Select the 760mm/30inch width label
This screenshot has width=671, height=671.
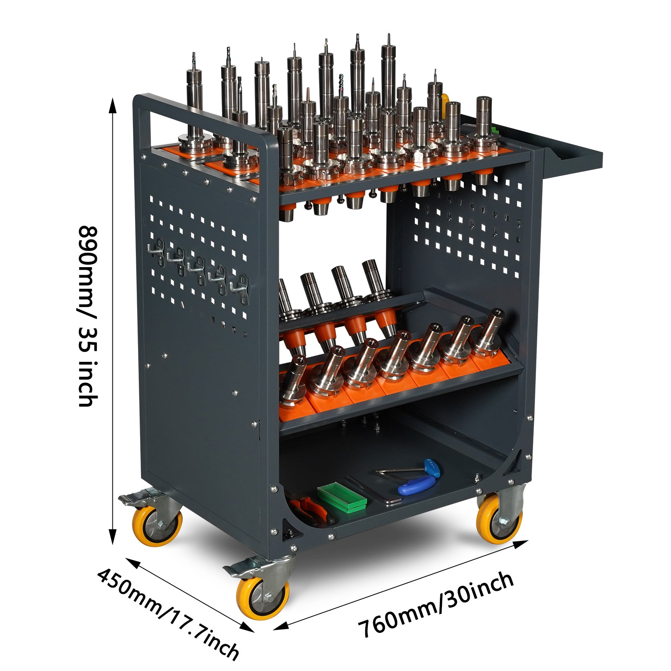click(436, 604)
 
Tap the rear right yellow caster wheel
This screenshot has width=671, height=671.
click(499, 518)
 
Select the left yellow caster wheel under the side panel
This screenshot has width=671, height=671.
click(157, 526)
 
